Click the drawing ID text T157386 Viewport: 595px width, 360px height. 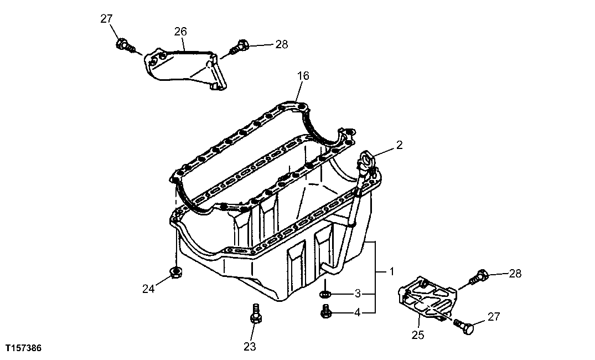[23, 348]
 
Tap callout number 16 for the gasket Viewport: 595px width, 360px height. [303, 75]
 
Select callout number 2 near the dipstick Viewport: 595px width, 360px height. [399, 145]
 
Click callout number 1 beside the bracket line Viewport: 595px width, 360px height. [391, 271]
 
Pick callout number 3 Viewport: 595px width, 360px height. [358, 293]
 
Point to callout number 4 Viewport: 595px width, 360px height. [358, 313]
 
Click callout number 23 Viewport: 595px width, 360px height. [250, 347]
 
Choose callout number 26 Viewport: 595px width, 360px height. [180, 32]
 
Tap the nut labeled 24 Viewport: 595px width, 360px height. [175, 271]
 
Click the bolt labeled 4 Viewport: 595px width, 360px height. [325, 312]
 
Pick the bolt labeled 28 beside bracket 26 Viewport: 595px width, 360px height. [239, 47]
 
